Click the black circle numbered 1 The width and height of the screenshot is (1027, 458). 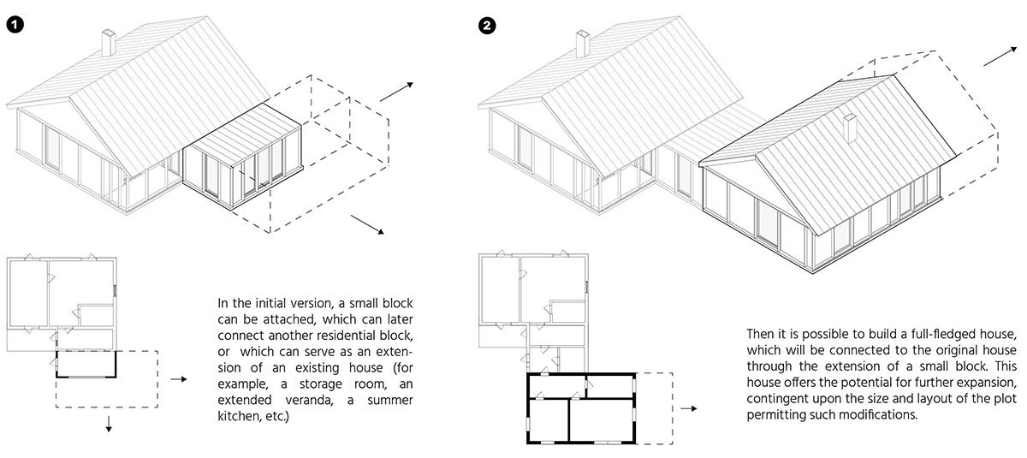(15, 24)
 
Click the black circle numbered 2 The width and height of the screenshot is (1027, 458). (487, 25)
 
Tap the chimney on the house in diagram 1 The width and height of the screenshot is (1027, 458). (108, 43)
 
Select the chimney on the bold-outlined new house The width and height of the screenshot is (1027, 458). (850, 128)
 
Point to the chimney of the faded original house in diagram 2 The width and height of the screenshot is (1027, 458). (582, 44)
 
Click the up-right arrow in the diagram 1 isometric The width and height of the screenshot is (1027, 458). (396, 92)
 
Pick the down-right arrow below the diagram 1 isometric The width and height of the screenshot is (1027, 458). (368, 224)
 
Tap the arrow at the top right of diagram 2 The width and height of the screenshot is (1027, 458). (1000, 56)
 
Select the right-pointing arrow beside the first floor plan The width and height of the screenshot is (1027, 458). (178, 379)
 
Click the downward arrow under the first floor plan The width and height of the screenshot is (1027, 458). (109, 424)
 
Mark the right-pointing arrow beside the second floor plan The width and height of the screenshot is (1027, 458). (689, 408)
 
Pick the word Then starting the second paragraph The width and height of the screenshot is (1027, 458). (760, 334)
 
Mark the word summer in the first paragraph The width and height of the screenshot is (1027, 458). (389, 401)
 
